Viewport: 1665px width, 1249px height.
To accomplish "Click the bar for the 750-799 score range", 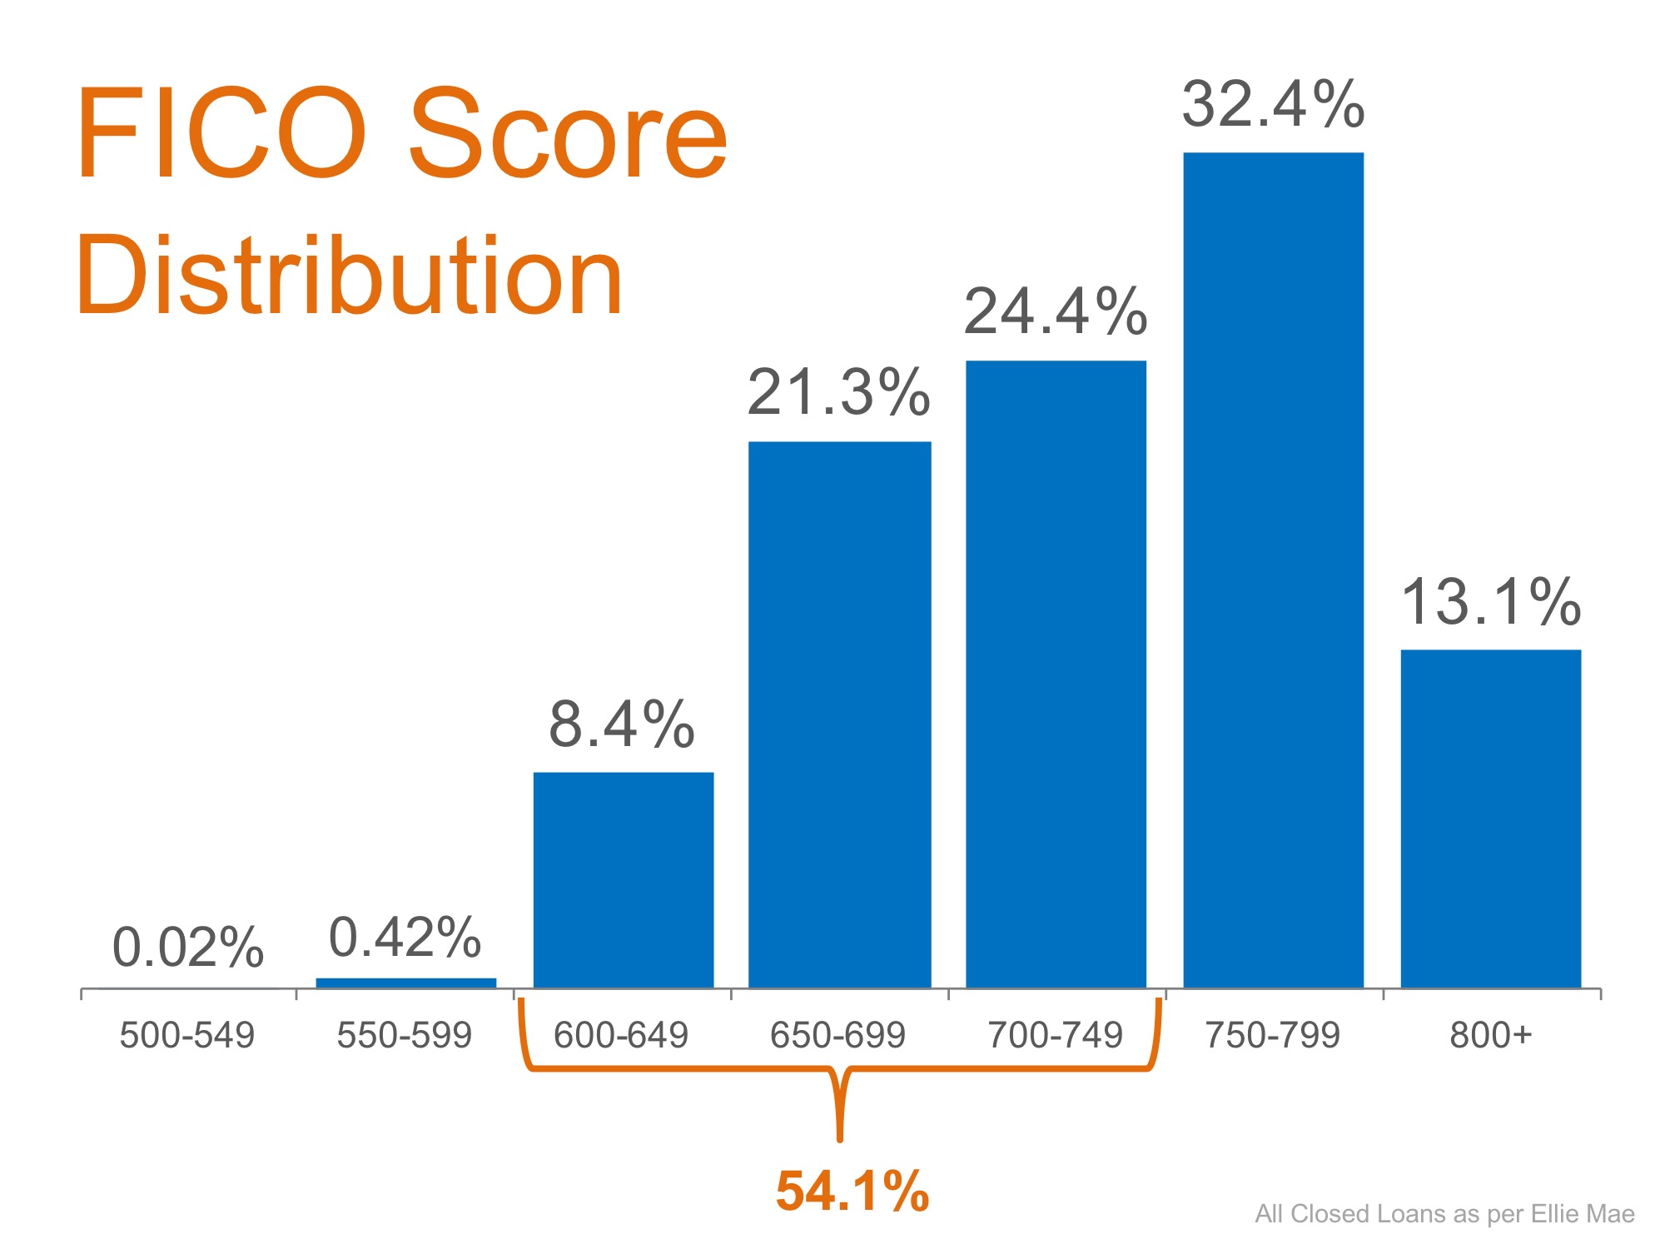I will [x=1273, y=570].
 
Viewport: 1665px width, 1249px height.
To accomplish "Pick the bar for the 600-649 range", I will [x=623, y=880].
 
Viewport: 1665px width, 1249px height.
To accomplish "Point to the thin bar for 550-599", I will [x=406, y=983].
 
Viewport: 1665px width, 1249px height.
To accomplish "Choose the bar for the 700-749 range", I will [x=1056, y=674].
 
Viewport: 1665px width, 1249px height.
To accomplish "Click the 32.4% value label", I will [x=1273, y=106].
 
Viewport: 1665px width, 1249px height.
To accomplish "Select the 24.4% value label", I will [x=1056, y=313].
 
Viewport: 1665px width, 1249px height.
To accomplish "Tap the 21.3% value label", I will [x=838, y=392].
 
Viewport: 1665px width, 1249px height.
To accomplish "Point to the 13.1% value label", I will [x=1490, y=602].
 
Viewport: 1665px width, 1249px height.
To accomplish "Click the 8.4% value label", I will [x=622, y=724].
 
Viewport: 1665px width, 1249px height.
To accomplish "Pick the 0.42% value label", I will [x=405, y=938].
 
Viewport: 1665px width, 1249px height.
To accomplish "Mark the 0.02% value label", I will [x=188, y=948].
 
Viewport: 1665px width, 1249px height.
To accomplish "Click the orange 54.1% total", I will [x=852, y=1191].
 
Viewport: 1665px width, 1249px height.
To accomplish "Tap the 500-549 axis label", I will [x=187, y=1035].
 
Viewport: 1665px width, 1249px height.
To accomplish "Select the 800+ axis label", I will [x=1490, y=1035].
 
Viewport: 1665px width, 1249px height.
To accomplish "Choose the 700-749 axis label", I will [x=1055, y=1035].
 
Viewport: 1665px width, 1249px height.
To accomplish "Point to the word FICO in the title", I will [x=221, y=133].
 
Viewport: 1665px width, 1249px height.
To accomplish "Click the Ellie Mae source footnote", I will [x=1444, y=1214].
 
